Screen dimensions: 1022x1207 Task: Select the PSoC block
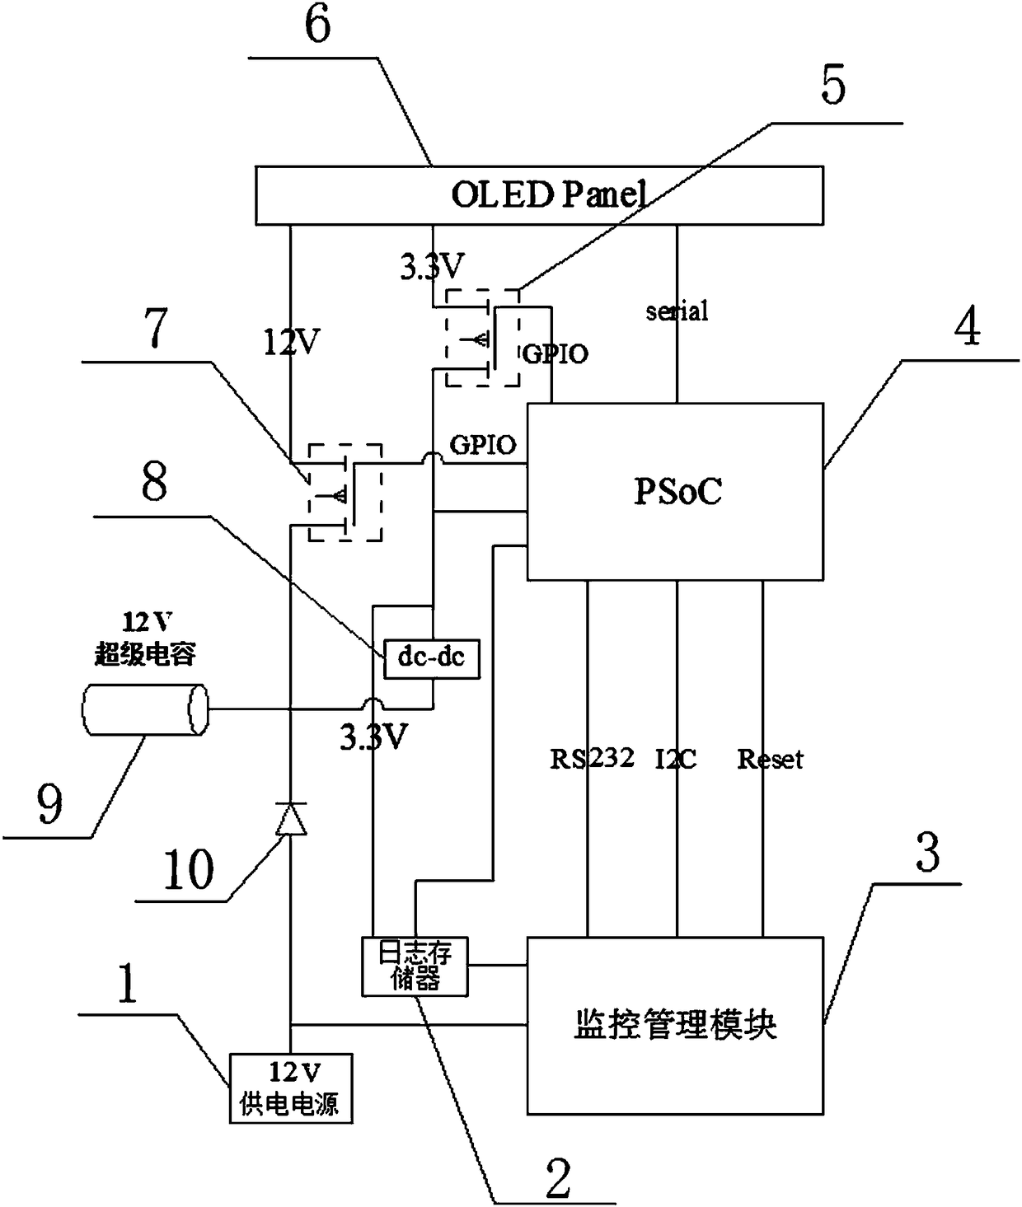point(676,492)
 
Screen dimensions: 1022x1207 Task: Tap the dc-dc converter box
point(432,658)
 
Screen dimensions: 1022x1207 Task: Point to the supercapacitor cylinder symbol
point(145,709)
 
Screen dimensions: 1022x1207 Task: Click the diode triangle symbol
point(290,819)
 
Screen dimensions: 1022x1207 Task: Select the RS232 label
point(591,759)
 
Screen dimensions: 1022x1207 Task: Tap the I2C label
point(676,759)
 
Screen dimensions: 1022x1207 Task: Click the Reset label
point(770,759)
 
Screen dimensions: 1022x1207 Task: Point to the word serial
point(677,311)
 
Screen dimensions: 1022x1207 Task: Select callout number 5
point(833,85)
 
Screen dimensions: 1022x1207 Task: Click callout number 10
point(188,869)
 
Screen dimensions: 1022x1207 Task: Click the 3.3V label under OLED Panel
point(432,267)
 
